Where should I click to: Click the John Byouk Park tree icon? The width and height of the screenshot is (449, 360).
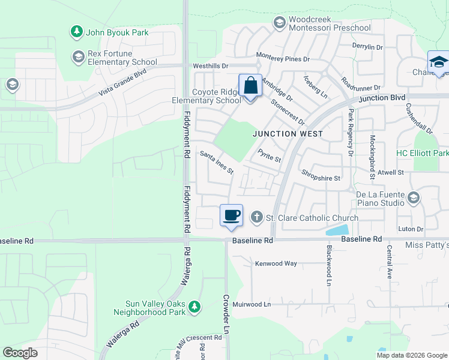click(76, 32)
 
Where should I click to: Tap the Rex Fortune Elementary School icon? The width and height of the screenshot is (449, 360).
click(77, 57)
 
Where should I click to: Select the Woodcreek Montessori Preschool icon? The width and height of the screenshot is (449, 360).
click(279, 23)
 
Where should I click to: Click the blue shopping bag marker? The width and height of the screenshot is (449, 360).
click(250, 86)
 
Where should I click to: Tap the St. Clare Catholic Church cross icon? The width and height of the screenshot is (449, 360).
click(257, 217)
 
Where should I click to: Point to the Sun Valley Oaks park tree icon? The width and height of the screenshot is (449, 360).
click(194, 308)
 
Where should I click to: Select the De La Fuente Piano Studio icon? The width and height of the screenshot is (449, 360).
click(413, 197)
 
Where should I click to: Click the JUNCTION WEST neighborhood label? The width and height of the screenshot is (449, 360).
click(288, 134)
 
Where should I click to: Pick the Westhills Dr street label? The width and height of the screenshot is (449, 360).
click(211, 65)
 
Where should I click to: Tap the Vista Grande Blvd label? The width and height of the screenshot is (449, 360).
click(122, 83)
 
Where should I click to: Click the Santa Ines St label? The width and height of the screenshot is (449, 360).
click(216, 162)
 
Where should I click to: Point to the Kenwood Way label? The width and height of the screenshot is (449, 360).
click(276, 263)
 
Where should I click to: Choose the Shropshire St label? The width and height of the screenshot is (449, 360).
click(321, 178)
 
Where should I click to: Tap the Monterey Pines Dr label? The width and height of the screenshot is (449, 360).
click(283, 59)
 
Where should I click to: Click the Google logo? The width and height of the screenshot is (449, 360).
click(20, 353)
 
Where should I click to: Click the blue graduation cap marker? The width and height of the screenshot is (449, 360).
click(438, 63)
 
